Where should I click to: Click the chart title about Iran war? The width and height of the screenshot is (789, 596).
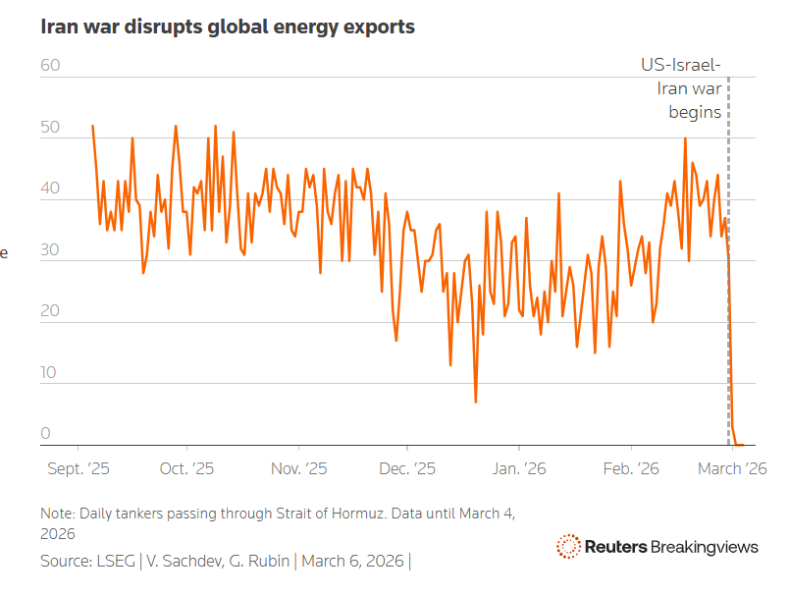point(227,27)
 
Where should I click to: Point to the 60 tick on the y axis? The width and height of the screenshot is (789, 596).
point(51,66)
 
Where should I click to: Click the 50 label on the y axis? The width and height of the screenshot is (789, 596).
point(51,129)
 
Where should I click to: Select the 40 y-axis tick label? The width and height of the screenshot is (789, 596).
point(51,190)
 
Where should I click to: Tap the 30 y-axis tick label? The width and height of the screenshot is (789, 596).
point(51,251)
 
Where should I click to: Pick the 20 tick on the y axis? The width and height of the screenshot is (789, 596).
point(51,312)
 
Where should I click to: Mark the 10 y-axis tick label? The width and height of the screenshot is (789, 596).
point(51,374)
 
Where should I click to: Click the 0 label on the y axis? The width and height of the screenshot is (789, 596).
point(45,435)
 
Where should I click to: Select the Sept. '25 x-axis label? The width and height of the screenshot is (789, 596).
point(79,469)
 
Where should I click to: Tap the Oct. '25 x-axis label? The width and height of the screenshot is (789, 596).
point(186,469)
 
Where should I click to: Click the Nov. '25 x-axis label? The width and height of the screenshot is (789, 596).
point(298,469)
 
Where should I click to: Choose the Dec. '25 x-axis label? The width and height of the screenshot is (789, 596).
point(407,469)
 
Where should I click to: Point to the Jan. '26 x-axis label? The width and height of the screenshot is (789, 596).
point(518,469)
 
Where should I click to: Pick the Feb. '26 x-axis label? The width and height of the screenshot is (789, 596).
point(629,469)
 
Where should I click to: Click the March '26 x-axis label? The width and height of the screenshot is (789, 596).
point(731,469)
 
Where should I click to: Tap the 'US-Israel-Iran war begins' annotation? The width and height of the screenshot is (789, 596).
point(682,89)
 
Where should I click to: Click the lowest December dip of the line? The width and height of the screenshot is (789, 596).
point(476,402)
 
